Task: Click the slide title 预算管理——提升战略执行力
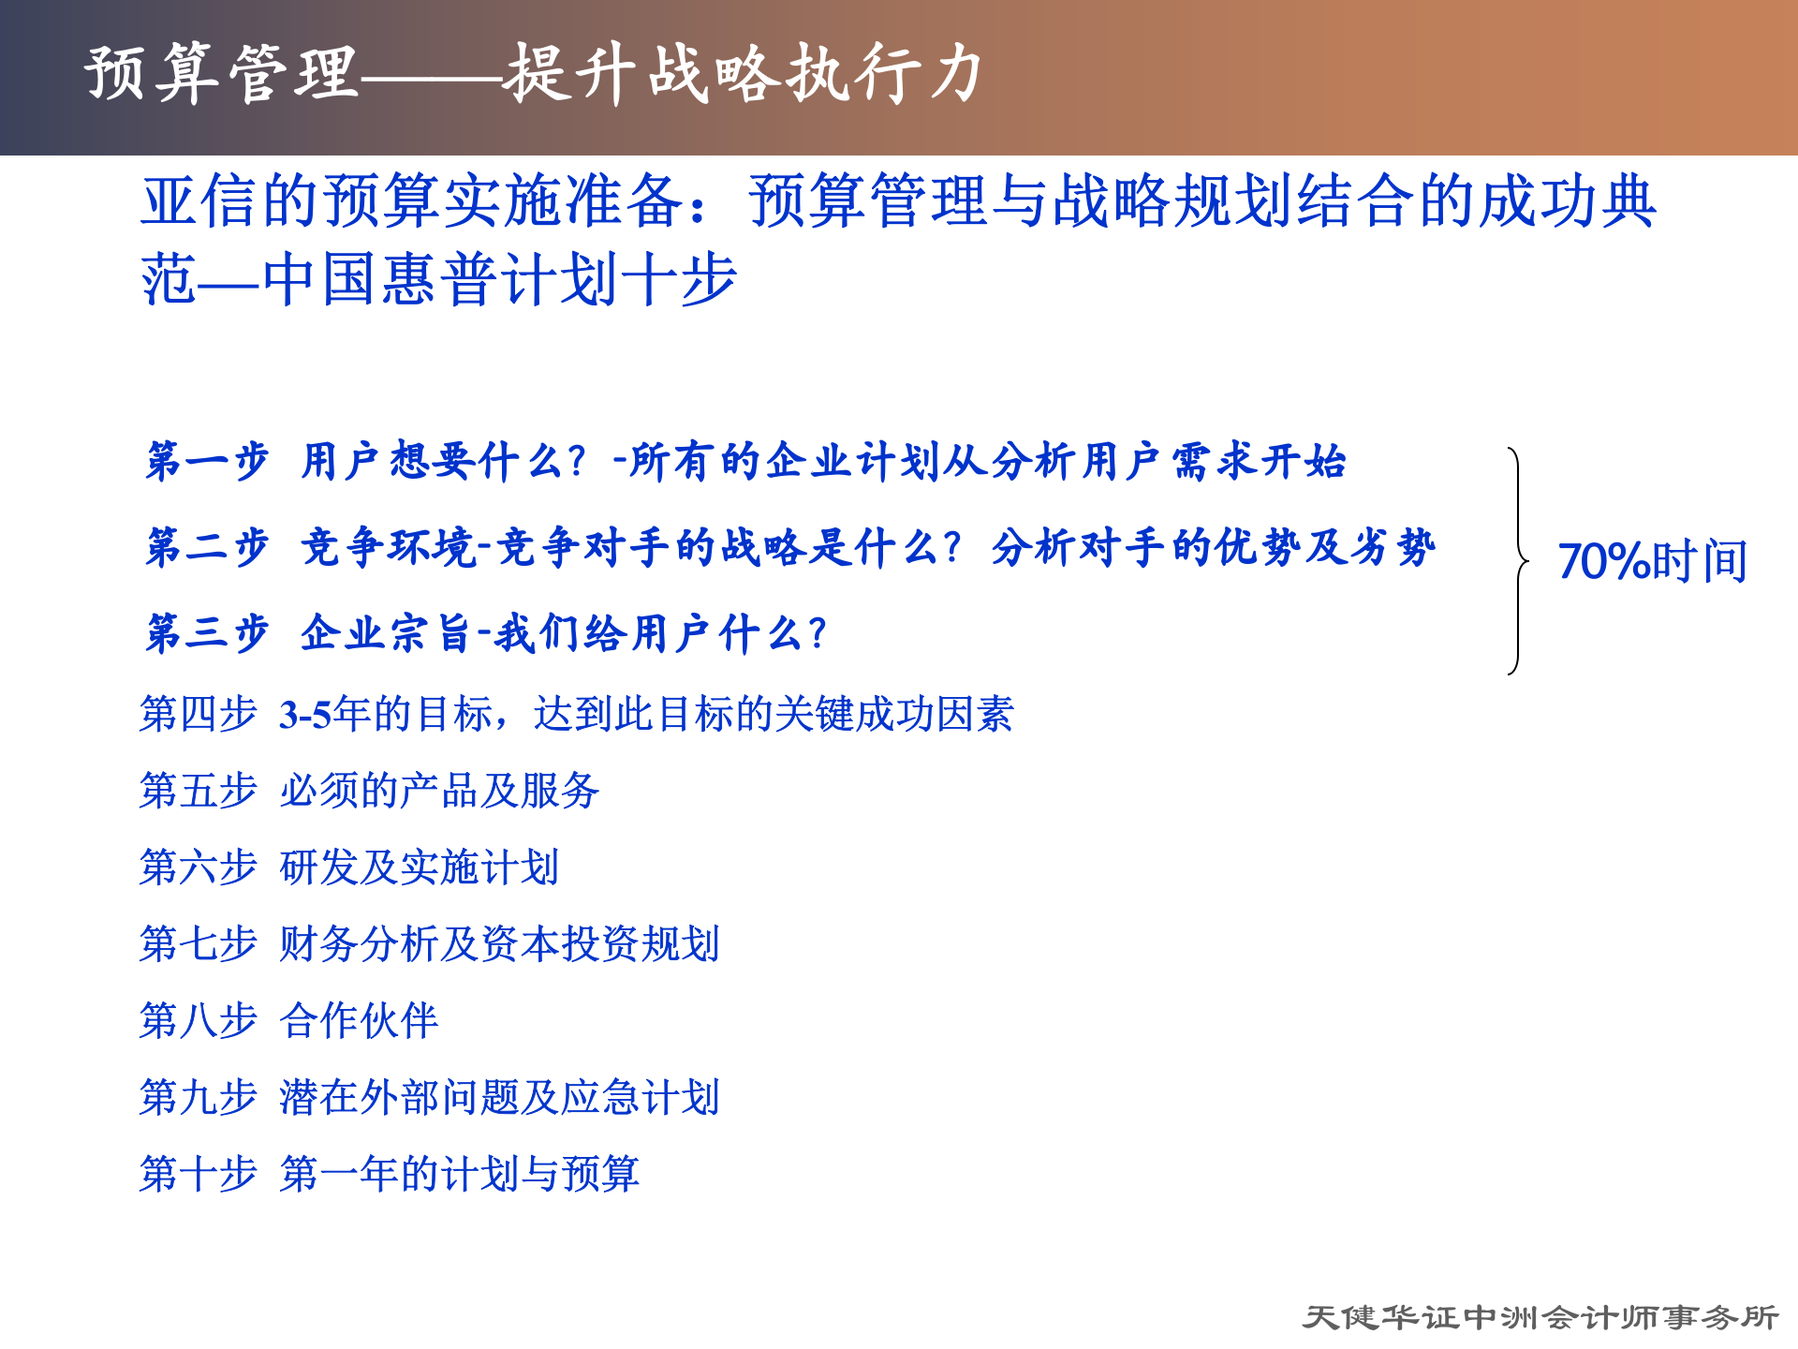click(x=534, y=73)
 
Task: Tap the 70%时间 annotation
click(x=1652, y=561)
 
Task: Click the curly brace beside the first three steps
click(x=1517, y=561)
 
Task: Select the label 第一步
click(x=207, y=461)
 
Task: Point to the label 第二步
click(x=207, y=547)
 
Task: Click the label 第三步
click(x=207, y=633)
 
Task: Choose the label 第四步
click(x=198, y=714)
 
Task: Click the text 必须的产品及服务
click(x=439, y=791)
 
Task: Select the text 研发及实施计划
click(x=420, y=867)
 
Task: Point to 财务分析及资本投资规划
click(x=499, y=944)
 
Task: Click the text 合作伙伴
click(x=359, y=1020)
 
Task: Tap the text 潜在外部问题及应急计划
click(x=499, y=1097)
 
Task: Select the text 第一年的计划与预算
click(x=459, y=1174)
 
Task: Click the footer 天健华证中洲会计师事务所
click(x=1540, y=1317)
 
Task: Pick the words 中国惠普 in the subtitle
click(x=382, y=279)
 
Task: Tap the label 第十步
click(x=198, y=1174)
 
